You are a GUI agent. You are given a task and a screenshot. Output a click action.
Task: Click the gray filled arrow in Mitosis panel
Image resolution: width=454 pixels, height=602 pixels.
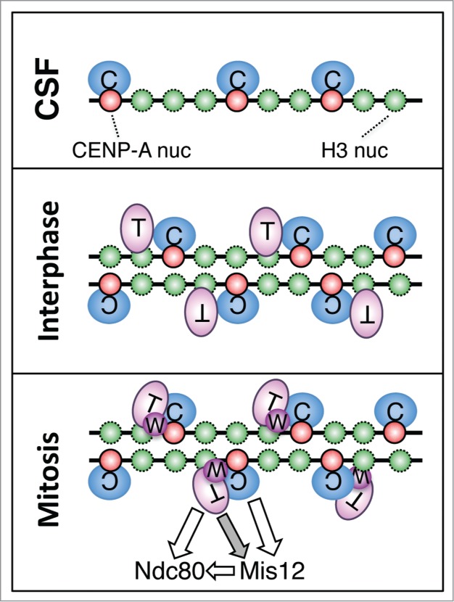[236, 529]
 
